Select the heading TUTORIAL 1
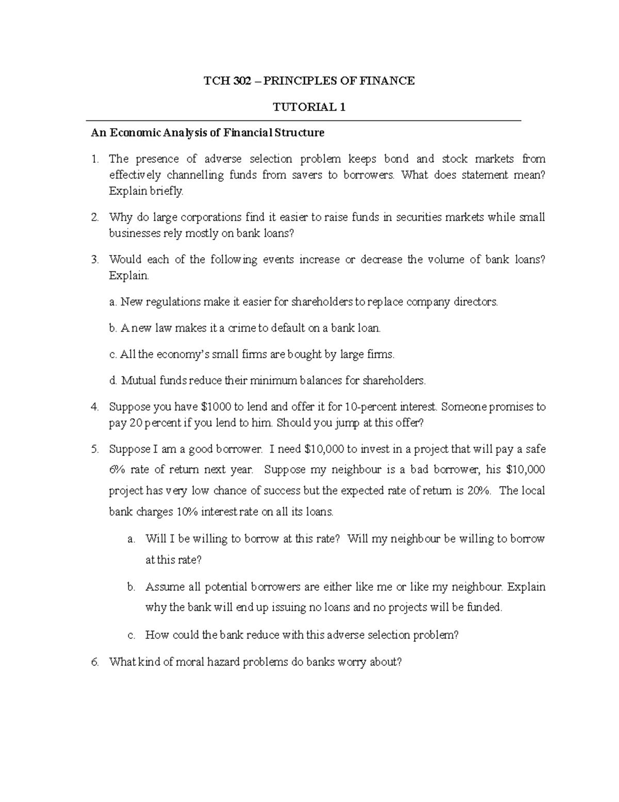(x=309, y=107)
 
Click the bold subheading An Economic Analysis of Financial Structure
(x=207, y=133)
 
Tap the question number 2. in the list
(x=94, y=217)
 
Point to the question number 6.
(x=94, y=662)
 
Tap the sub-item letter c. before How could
(x=131, y=635)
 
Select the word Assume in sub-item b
(x=162, y=587)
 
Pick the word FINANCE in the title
(x=389, y=81)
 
